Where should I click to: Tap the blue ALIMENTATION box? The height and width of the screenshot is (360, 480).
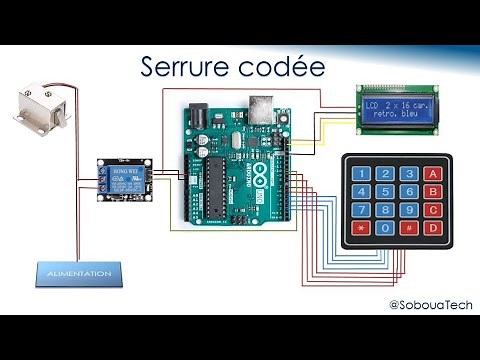(x=78, y=272)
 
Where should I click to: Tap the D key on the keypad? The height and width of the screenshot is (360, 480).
(x=433, y=230)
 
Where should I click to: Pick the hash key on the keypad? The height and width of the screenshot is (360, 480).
(x=409, y=230)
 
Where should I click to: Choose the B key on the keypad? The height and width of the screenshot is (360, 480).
(x=433, y=192)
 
